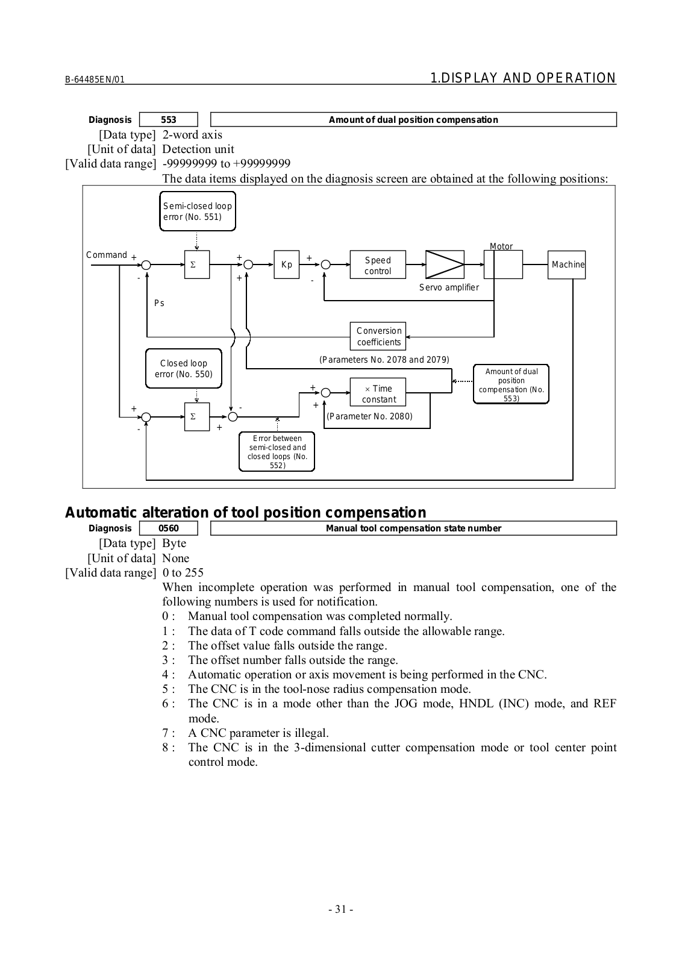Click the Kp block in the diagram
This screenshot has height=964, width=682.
coord(287,264)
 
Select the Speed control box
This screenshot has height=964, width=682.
coord(378,265)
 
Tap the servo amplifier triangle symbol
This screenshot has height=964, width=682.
coord(445,264)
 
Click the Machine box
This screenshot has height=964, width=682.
coord(566,264)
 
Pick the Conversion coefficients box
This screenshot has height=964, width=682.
coord(378,336)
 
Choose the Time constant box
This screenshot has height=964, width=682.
coord(378,393)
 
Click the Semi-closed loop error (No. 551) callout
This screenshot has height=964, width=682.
coord(198,211)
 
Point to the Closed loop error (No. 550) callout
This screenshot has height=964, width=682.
coord(184,369)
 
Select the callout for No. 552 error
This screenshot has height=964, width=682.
coord(277,452)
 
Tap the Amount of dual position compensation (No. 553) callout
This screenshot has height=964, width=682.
coord(511,384)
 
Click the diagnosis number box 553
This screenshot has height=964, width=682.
coord(169,119)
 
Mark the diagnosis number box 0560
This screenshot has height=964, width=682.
coord(169,528)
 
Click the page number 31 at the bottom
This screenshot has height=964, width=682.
coord(341,909)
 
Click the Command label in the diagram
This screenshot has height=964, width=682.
coord(107,255)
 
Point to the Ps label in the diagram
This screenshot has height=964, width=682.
coord(159,303)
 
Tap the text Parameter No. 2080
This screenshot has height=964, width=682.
coord(369,416)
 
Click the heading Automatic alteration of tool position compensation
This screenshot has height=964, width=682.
coord(245,513)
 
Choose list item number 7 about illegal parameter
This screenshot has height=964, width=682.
coord(258,733)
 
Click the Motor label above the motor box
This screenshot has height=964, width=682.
coord(501,246)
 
